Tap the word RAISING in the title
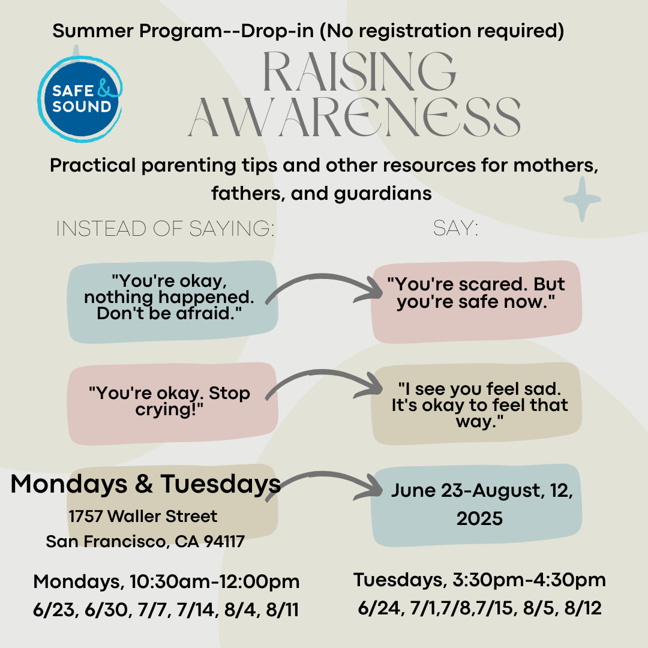[359, 73]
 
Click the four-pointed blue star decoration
[581, 199]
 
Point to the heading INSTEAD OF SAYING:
[164, 229]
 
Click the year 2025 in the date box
[479, 518]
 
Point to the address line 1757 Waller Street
[143, 516]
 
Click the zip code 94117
[223, 542]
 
